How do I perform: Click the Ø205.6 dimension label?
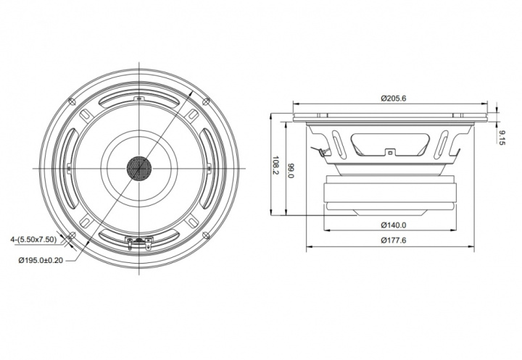point(393,99)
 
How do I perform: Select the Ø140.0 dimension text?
point(393,225)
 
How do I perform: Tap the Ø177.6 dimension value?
point(393,240)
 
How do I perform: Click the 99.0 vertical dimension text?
point(291,170)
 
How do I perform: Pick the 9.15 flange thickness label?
point(502,138)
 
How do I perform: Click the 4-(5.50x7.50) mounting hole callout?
point(33,239)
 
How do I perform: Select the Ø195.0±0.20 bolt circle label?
point(41,261)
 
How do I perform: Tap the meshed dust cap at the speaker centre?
point(138,168)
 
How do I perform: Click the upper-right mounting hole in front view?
point(206,101)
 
